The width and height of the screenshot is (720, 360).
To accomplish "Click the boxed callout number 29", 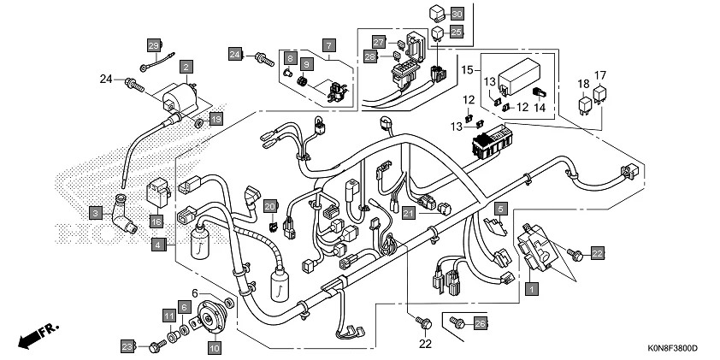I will (154, 44).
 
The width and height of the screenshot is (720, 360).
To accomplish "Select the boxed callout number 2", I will (186, 65).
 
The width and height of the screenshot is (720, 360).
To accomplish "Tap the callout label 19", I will (216, 120).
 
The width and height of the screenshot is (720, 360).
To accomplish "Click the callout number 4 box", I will (158, 245).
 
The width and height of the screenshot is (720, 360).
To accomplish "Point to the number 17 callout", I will (601, 74).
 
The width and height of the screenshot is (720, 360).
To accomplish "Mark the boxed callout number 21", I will (409, 212).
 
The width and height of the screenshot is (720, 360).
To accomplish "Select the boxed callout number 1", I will (531, 289).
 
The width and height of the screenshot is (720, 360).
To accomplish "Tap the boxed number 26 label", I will (480, 323).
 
